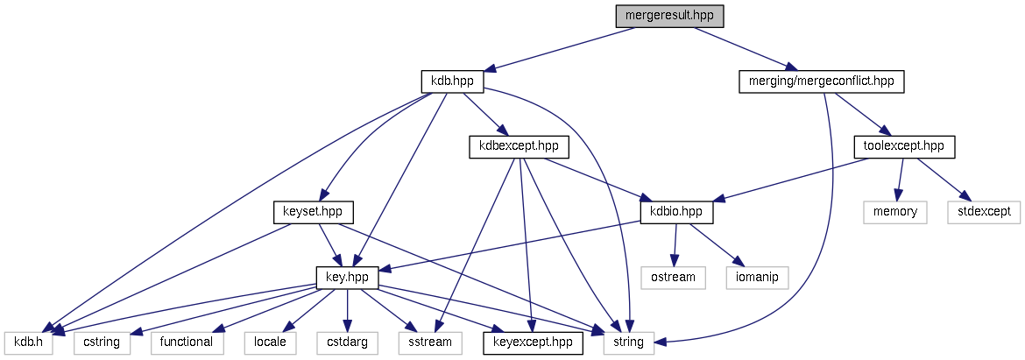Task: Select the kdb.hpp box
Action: click(452, 81)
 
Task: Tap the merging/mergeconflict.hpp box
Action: click(821, 81)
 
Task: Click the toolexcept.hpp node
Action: click(903, 146)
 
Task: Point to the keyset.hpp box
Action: click(313, 212)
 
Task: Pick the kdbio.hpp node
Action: click(676, 212)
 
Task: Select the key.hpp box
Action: click(348, 278)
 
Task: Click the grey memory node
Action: click(894, 212)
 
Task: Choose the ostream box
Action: click(674, 278)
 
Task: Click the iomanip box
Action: click(758, 278)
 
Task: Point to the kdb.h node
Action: click(28, 342)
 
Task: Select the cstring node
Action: click(102, 342)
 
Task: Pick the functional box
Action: click(186, 342)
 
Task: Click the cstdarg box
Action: click(346, 342)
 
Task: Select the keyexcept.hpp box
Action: click(533, 342)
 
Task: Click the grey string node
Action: click(629, 342)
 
